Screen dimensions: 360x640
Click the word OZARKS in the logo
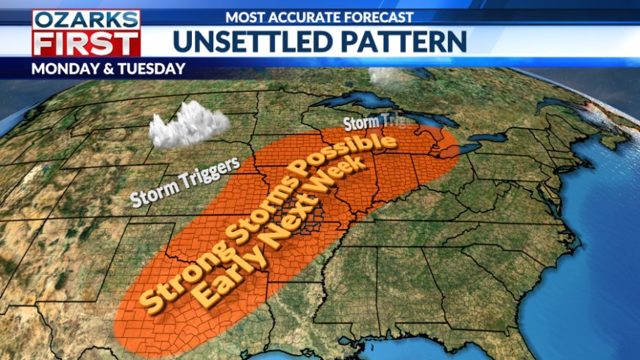point(85,19)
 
